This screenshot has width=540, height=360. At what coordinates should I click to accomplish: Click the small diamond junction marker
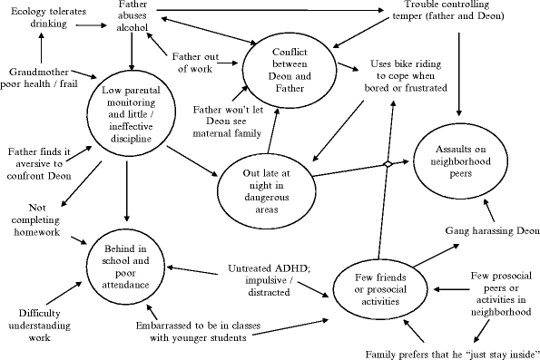point(386,163)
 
